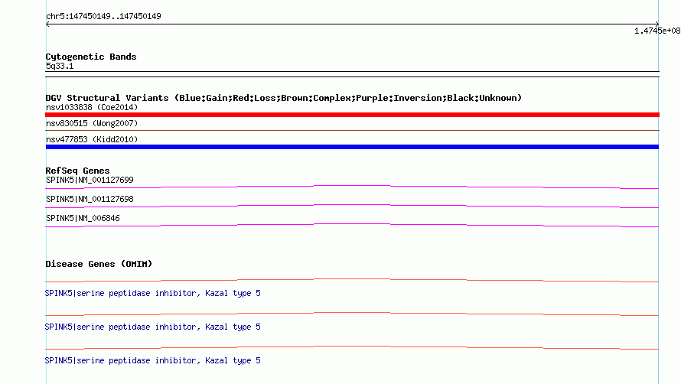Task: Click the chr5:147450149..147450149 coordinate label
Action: pyautogui.click(x=103, y=17)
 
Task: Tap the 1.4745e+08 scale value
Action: pyautogui.click(x=657, y=31)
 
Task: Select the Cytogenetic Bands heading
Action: pyautogui.click(x=91, y=57)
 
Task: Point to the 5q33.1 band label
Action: pyautogui.click(x=60, y=66)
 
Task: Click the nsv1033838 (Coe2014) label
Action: pyautogui.click(x=92, y=107)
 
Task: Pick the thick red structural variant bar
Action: pyautogui.click(x=352, y=115)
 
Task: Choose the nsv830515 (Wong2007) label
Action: pyautogui.click(x=92, y=123)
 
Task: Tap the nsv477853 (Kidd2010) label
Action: pyautogui.click(x=92, y=139)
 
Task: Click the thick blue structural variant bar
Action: pyautogui.click(x=352, y=147)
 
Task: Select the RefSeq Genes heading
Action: pyautogui.click(x=77, y=171)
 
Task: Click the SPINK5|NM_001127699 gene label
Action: pyautogui.click(x=90, y=180)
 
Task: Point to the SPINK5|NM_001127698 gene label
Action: pyautogui.click(x=90, y=199)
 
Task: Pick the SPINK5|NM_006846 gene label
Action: pyautogui.click(x=83, y=218)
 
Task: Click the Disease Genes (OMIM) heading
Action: pyautogui.click(x=99, y=264)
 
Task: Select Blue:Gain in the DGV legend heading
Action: pyautogui.click(x=204, y=98)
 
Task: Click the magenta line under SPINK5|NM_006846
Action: pyautogui.click(x=352, y=224)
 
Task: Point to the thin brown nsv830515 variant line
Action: pyautogui.click(x=352, y=130)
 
